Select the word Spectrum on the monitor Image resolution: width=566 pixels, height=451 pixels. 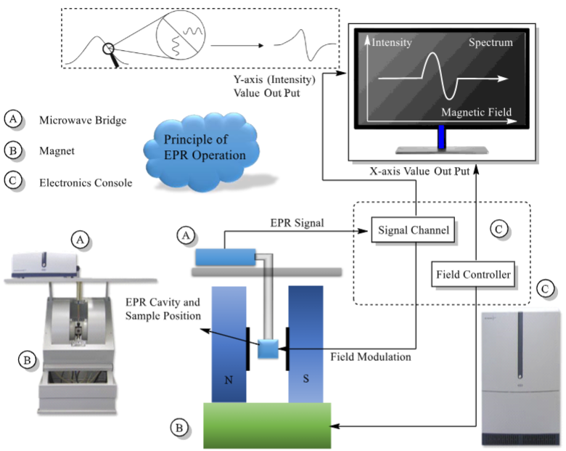tap(490, 43)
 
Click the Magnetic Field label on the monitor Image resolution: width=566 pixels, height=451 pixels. tap(476, 112)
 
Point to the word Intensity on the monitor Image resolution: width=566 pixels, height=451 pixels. tap(392, 43)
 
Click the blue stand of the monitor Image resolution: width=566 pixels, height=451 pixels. tap(440, 136)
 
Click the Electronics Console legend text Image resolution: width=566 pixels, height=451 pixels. tap(86, 182)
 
